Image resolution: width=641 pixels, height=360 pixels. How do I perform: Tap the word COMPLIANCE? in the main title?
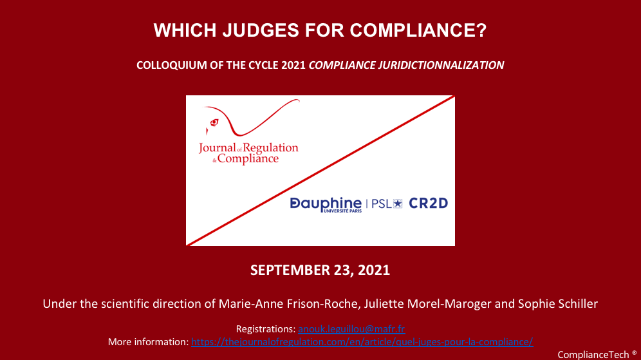(x=418, y=30)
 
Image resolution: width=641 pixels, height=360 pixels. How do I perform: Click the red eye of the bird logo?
(x=214, y=122)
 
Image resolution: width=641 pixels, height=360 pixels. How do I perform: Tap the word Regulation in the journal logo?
(x=271, y=147)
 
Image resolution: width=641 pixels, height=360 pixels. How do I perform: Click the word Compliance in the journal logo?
(x=248, y=158)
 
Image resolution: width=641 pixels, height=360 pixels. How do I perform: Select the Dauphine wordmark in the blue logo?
(x=326, y=204)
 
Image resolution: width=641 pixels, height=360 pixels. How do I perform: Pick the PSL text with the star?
(x=387, y=204)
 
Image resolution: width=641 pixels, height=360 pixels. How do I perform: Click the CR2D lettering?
(x=429, y=204)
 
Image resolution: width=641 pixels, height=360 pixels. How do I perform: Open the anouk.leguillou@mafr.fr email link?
(x=351, y=329)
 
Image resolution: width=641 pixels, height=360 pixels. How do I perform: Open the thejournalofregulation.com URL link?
(x=362, y=341)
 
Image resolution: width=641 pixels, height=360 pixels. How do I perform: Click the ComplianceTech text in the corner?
(x=593, y=355)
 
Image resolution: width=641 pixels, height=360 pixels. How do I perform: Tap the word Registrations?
(x=266, y=329)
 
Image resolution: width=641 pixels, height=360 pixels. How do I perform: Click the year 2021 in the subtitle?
(x=293, y=65)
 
